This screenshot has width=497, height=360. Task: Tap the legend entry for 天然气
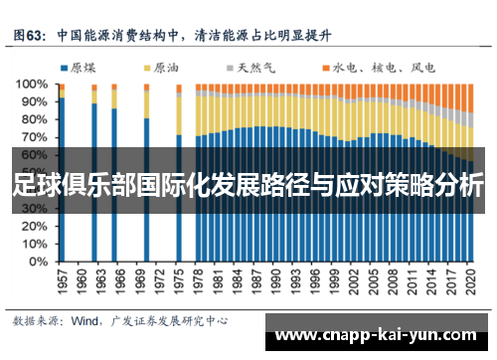click(257, 68)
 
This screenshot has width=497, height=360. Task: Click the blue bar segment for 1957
click(62, 179)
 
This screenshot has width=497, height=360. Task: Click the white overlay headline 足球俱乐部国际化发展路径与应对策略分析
click(248, 184)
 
